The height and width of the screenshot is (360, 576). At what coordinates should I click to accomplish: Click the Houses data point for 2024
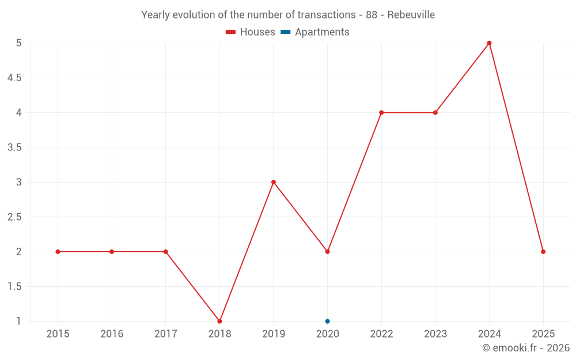click(x=489, y=43)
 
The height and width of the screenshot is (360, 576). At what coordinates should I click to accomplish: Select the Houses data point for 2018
click(x=219, y=321)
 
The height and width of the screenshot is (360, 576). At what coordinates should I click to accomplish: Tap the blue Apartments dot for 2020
click(x=327, y=321)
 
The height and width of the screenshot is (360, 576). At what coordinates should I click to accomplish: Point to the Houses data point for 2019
click(x=274, y=182)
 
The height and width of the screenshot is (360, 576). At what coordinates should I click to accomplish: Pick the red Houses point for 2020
click(x=327, y=252)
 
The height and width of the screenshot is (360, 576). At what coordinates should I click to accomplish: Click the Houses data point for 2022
click(x=381, y=112)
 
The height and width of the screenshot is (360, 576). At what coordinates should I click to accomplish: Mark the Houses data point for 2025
click(x=543, y=252)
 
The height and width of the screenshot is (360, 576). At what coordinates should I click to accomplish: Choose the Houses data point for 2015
click(x=58, y=252)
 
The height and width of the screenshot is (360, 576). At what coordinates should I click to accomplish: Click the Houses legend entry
click(x=251, y=32)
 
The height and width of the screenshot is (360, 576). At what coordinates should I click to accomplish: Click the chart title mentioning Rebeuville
click(x=288, y=15)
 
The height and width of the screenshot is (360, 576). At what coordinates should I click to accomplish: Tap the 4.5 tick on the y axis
click(x=14, y=78)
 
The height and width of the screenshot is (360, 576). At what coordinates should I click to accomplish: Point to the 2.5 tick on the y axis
click(x=14, y=217)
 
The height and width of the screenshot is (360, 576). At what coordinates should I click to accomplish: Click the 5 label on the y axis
click(x=18, y=43)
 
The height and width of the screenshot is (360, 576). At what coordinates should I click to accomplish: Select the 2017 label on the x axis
click(x=165, y=334)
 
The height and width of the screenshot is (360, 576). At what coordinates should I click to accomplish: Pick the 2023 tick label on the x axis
click(x=435, y=334)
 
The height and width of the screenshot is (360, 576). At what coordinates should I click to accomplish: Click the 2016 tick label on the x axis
click(x=112, y=334)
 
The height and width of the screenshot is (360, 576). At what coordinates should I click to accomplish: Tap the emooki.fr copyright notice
click(x=525, y=348)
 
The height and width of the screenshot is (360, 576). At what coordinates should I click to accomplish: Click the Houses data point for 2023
click(x=435, y=112)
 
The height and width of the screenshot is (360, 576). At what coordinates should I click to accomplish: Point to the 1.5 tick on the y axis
click(x=14, y=286)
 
